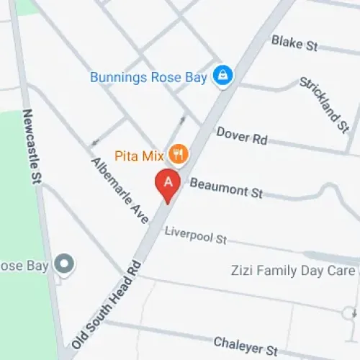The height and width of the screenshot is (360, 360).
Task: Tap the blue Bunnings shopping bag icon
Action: click(223, 76)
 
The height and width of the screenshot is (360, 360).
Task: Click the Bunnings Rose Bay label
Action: click(149, 76)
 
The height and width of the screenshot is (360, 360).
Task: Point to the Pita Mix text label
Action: click(140, 154)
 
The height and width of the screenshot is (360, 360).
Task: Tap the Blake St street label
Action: click(294, 43)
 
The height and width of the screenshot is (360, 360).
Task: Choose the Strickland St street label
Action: click(324, 104)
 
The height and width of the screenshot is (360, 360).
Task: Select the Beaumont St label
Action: click(226, 189)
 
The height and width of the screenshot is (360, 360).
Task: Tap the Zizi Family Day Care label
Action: click(292, 271)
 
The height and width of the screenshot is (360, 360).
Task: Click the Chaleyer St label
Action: click(246, 346)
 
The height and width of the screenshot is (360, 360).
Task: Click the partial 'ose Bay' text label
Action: click(24, 266)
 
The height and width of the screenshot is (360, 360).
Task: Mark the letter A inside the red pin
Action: click(168, 181)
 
